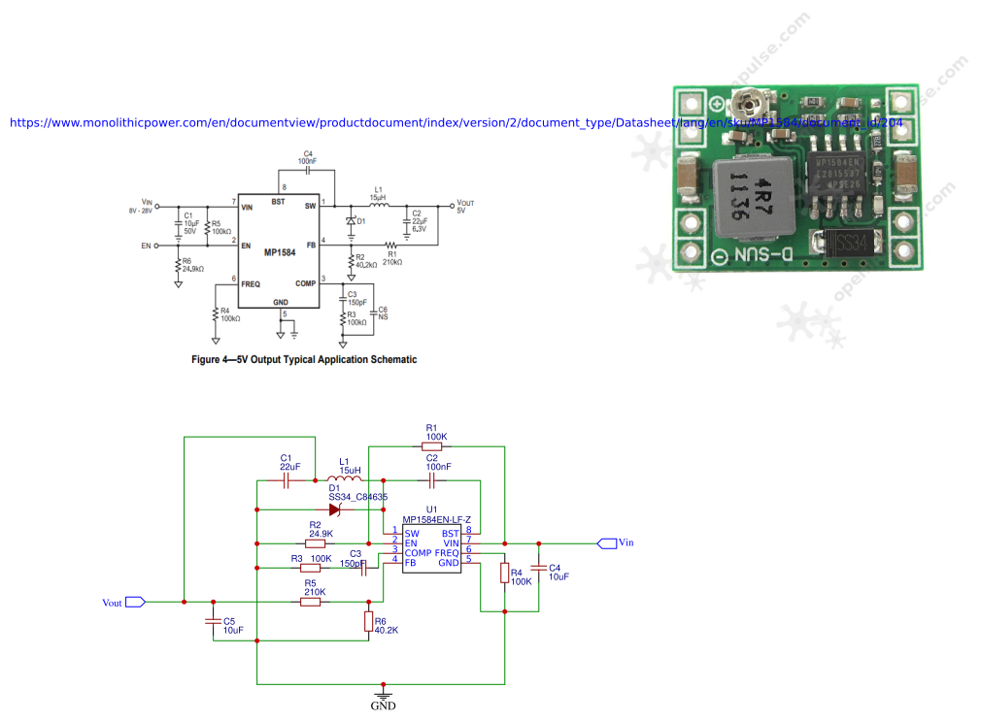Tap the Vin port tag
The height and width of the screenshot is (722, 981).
607,542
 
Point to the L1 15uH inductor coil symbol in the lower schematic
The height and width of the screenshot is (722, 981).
344,479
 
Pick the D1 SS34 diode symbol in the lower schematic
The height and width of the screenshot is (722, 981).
335,509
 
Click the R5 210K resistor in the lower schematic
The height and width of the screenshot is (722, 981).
311,602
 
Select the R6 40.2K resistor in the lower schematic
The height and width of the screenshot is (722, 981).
368,621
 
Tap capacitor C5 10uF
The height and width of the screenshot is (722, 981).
214,620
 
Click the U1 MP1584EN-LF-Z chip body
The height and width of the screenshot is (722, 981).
431,548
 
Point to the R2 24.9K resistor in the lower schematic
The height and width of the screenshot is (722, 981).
315,542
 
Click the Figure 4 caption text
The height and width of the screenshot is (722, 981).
304,359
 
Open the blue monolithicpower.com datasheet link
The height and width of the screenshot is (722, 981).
457,123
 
